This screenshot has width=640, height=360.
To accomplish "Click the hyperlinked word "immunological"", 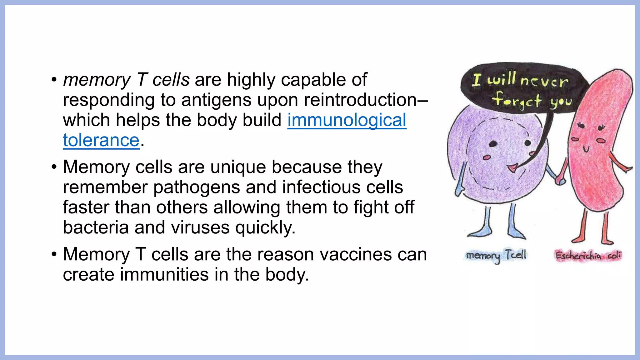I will (x=347, y=120).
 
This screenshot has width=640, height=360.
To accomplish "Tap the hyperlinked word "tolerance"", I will (x=101, y=140).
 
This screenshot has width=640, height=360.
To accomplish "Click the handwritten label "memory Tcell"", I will (x=496, y=255).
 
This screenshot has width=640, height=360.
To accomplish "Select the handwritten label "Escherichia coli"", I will (x=588, y=256).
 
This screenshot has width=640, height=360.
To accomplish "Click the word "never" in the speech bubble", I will (x=544, y=81).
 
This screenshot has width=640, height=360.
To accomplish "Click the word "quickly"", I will (x=265, y=227).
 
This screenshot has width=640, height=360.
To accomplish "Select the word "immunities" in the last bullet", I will (x=164, y=275).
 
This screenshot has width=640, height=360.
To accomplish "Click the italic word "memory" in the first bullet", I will (x=97, y=80).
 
